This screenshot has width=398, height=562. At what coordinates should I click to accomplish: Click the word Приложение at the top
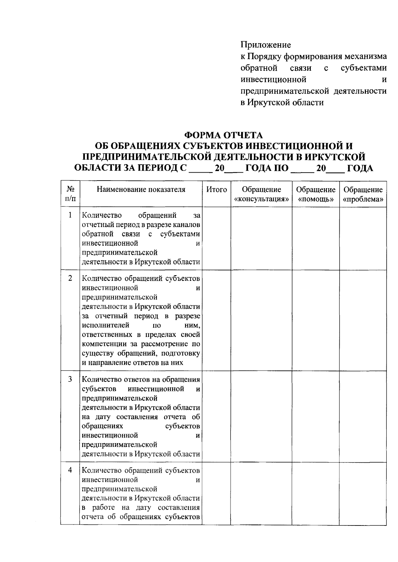click(x=266, y=44)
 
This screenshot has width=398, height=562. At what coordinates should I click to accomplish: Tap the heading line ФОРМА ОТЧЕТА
click(x=224, y=135)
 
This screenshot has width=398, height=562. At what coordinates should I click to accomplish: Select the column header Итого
click(x=217, y=190)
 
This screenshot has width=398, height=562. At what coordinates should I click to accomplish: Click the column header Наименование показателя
click(x=141, y=190)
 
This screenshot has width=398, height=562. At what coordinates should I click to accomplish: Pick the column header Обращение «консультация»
click(x=261, y=194)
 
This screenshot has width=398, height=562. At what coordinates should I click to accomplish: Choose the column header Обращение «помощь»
click(x=316, y=194)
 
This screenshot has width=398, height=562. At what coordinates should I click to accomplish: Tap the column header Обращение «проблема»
click(x=363, y=194)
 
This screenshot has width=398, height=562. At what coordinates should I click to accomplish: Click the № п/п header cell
click(x=70, y=194)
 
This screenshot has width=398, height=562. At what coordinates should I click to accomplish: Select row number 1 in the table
click(x=70, y=215)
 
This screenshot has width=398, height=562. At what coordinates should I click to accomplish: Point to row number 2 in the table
click(x=70, y=278)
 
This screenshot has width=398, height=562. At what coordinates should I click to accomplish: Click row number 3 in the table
click(x=70, y=379)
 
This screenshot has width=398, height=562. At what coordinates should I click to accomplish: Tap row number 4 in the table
click(x=70, y=470)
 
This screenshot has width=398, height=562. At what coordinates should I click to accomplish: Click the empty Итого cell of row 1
click(x=217, y=238)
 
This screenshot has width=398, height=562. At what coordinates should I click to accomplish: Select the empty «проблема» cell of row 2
click(x=363, y=320)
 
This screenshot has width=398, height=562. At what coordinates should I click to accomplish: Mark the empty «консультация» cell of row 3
click(x=261, y=416)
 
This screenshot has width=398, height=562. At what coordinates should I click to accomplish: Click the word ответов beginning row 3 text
click(x=136, y=379)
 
